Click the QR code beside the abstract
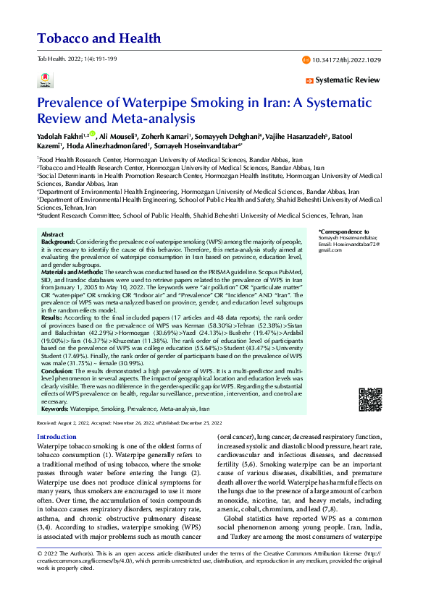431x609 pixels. (x=369, y=399)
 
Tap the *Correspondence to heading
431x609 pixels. (x=340, y=231)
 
